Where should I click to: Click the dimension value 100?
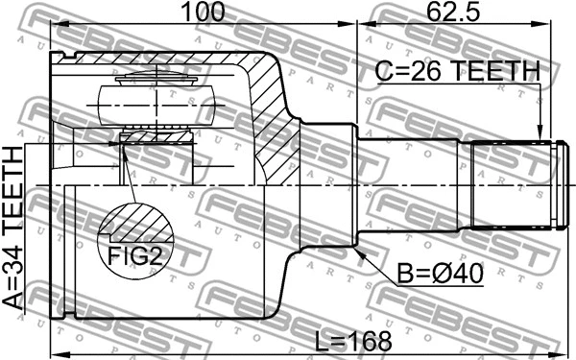tap(203, 12)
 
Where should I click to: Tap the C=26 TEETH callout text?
tap(458, 72)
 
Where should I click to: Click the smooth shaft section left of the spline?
tap(413, 184)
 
